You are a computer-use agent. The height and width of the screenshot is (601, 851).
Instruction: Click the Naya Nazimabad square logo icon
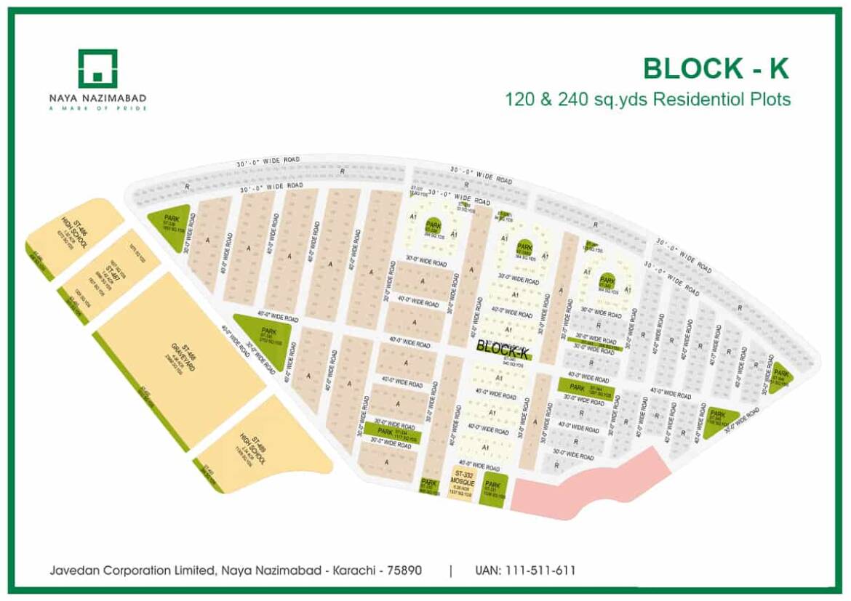tap(97, 68)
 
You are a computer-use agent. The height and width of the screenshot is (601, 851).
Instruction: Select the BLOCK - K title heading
tap(716, 68)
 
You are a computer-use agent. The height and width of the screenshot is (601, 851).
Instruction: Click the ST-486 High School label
tap(73, 234)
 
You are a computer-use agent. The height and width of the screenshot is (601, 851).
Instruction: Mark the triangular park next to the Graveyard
tap(267, 338)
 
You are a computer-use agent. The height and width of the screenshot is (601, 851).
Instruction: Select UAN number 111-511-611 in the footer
tap(524, 570)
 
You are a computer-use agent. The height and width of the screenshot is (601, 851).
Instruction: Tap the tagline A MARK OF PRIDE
tap(97, 108)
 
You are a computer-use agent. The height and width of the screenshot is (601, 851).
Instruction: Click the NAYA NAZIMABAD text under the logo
tap(97, 98)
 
